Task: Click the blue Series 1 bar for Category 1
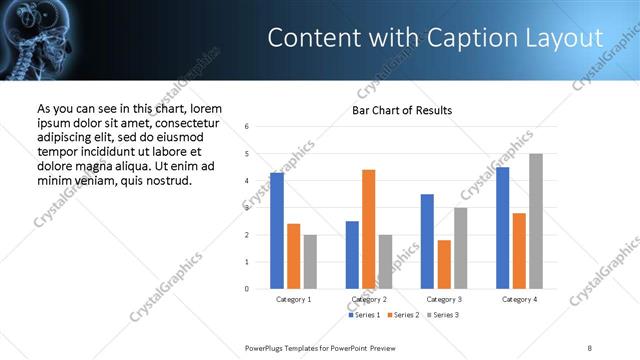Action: [x=277, y=231]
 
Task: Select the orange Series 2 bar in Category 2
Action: [x=368, y=229]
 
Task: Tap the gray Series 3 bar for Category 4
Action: [x=536, y=221]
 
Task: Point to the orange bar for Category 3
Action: [x=444, y=264]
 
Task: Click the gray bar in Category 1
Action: [x=310, y=262]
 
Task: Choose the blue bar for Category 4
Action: [x=502, y=228]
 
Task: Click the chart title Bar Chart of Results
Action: [x=402, y=110]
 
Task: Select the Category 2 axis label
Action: [x=368, y=300]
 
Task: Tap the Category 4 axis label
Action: [x=519, y=300]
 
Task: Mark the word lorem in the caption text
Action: [x=206, y=109]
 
